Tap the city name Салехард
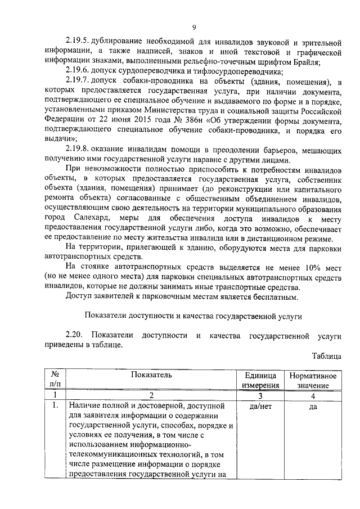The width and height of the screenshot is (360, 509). click(x=92, y=217)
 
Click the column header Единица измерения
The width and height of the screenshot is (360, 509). click(x=259, y=380)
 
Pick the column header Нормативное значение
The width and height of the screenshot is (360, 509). click(x=313, y=380)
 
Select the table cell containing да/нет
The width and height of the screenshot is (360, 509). click(x=259, y=406)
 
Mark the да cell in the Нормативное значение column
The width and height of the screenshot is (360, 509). click(x=313, y=406)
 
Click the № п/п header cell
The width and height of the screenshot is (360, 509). click(x=55, y=380)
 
